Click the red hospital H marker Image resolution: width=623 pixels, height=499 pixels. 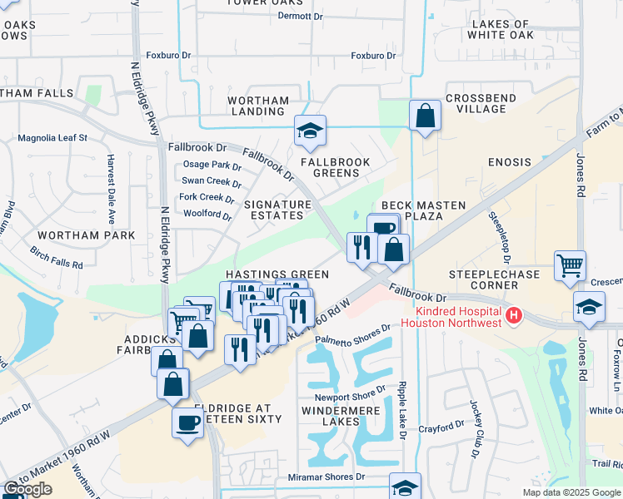(514, 315)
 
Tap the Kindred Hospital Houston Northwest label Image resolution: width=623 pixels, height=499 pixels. (452, 316)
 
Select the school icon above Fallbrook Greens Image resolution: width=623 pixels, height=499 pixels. (310, 131)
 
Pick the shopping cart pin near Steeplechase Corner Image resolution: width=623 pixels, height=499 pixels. (570, 266)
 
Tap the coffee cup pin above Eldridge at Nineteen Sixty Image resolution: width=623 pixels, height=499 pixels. (187, 421)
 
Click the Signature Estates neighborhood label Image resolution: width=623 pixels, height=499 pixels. (273, 210)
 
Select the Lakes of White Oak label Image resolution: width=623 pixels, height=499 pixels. (498, 30)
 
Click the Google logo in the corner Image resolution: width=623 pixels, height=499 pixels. (28, 489)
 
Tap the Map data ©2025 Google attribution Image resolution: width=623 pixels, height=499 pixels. (571, 492)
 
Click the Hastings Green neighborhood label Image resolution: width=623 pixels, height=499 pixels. (276, 274)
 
